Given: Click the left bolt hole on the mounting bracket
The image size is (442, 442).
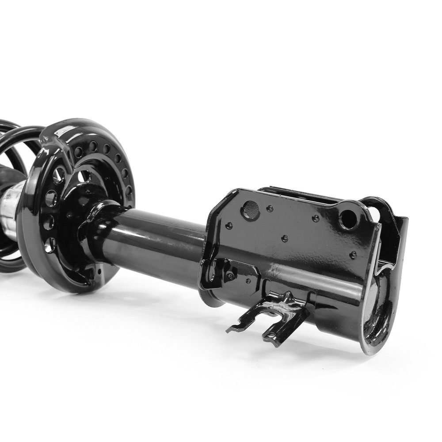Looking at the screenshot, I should (x=251, y=209).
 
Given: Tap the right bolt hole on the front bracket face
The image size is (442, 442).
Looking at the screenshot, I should (x=348, y=219).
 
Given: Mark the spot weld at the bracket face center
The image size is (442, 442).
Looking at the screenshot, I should (x=285, y=238).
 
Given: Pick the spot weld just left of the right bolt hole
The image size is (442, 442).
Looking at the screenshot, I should (x=316, y=218).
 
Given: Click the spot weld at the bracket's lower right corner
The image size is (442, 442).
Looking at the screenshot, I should (x=353, y=255).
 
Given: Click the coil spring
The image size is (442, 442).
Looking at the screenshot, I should (x=13, y=146).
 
